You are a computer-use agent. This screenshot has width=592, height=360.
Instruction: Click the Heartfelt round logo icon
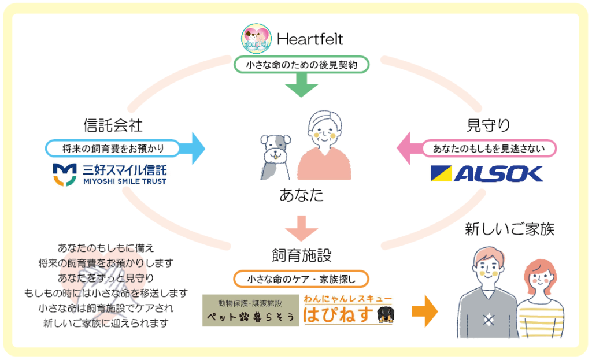tap(256, 39)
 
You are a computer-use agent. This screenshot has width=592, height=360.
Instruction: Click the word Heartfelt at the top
tap(310, 39)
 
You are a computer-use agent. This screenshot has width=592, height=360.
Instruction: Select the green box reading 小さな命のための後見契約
tap(301, 65)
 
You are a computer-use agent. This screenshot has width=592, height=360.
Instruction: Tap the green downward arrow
tap(301, 86)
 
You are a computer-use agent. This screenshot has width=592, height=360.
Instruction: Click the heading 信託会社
tap(113, 124)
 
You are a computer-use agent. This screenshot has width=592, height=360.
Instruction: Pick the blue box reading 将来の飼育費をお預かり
tap(113, 149)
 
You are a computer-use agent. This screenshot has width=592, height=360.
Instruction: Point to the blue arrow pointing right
tap(193, 149)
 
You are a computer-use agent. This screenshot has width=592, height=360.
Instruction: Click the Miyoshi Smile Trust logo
tap(110, 174)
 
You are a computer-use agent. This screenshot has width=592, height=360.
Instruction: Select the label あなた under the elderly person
tap(301, 195)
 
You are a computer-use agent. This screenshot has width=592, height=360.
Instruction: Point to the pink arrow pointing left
tap(409, 149)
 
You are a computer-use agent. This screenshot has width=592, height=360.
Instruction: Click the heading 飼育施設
tap(301, 254)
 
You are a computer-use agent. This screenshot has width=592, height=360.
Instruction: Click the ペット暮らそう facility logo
tap(250, 310)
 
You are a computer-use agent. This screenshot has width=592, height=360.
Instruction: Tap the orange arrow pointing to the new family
tap(424, 312)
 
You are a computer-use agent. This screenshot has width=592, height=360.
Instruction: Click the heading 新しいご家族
tap(509, 229)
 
